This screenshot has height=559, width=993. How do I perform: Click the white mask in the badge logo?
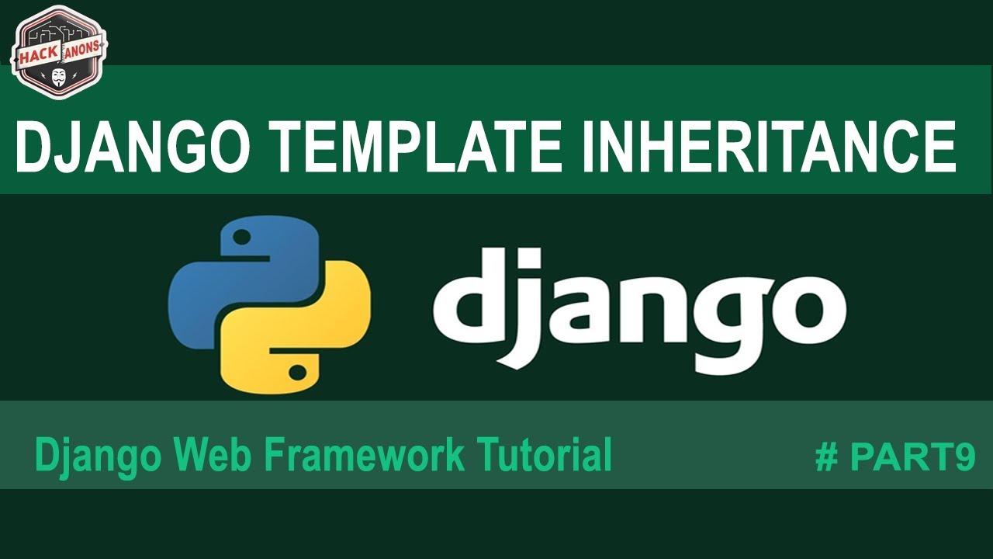pos(59,77)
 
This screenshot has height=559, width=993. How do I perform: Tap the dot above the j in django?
pos(530,257)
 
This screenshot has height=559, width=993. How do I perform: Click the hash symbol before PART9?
pos(827,458)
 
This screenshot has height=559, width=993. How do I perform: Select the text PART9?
pos(912,458)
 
